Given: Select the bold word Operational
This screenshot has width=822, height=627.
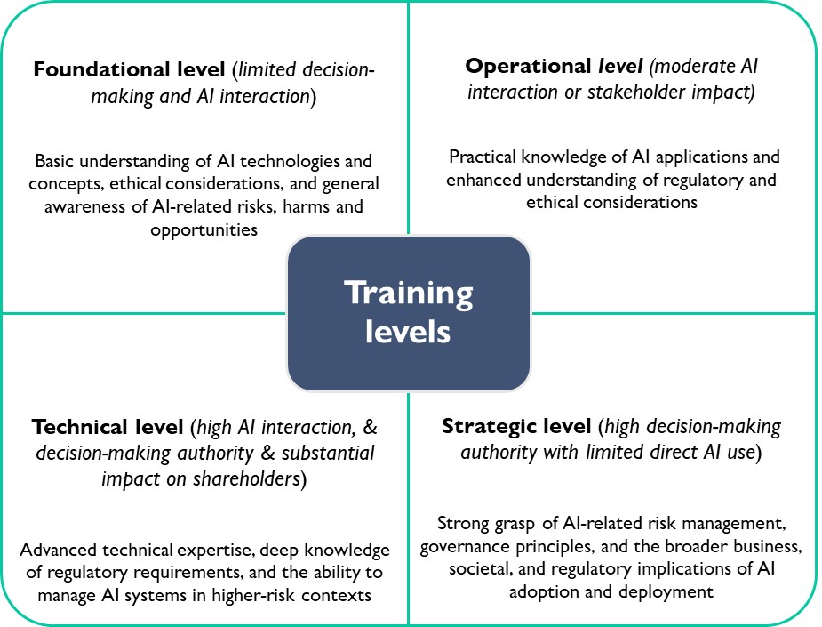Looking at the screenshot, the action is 529,66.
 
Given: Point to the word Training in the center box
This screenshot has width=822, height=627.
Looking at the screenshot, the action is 409,293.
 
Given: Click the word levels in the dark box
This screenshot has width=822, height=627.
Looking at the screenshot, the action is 408,332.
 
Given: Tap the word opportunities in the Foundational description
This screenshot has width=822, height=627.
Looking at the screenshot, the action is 204,230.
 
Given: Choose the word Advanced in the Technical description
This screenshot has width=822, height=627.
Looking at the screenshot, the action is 58,550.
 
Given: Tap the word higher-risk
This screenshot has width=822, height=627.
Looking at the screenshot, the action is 254,596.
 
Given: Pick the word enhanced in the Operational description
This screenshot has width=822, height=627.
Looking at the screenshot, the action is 483,180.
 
